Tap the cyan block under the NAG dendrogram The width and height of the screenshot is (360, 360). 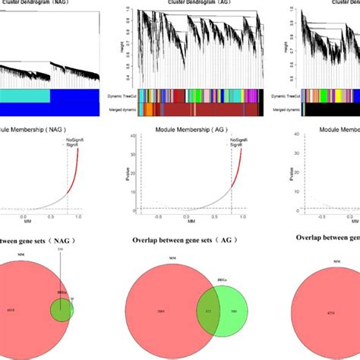[23, 96]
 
